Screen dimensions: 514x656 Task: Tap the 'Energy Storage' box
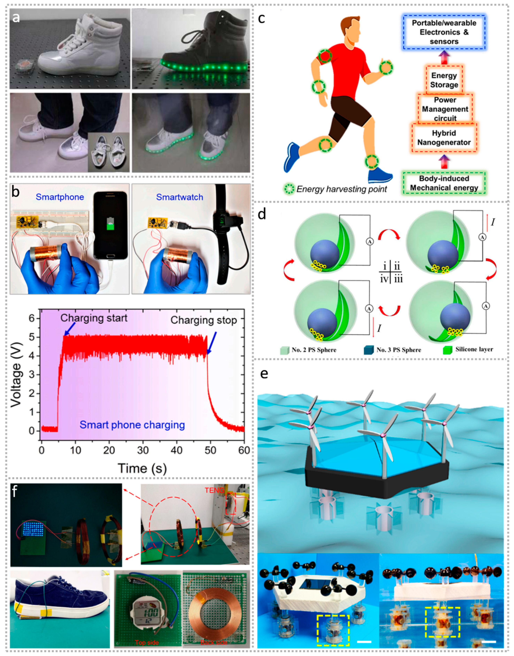(x=444, y=80)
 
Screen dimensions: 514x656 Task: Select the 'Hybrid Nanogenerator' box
(x=444, y=138)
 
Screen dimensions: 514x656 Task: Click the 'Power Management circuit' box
(x=445, y=109)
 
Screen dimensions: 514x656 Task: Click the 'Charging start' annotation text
(x=94, y=318)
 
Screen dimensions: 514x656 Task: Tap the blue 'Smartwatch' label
(x=179, y=197)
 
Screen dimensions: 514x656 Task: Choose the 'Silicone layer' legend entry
(x=474, y=349)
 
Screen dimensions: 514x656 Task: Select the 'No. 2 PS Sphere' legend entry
(x=314, y=350)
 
